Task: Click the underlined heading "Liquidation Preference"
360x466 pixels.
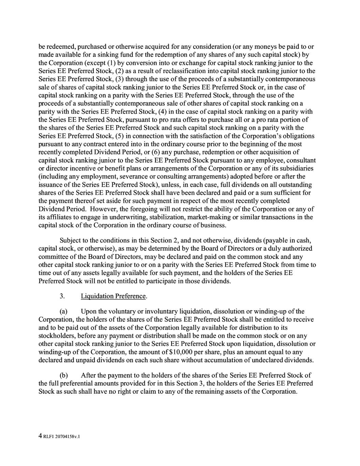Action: [113, 296]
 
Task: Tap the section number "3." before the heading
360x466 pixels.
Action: [62, 296]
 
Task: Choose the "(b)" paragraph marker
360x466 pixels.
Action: [64, 375]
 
